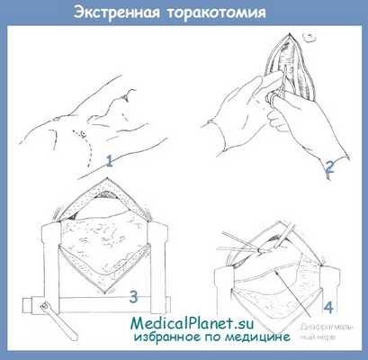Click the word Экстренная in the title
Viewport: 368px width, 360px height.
click(117, 13)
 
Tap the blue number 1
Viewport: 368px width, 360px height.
click(109, 162)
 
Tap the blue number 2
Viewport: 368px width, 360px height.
click(329, 166)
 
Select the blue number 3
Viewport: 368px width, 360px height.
click(132, 295)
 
